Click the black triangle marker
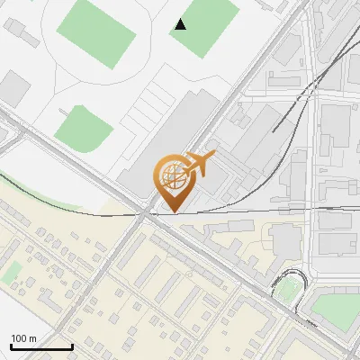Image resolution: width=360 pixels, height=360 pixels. click(x=181, y=24)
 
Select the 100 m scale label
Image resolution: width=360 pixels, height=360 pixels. click(x=24, y=338)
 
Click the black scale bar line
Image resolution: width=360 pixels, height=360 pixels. click(x=41, y=346)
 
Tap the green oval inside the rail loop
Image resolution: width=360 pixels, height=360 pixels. click(x=289, y=290)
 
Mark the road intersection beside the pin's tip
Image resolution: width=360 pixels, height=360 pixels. click(x=147, y=213)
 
